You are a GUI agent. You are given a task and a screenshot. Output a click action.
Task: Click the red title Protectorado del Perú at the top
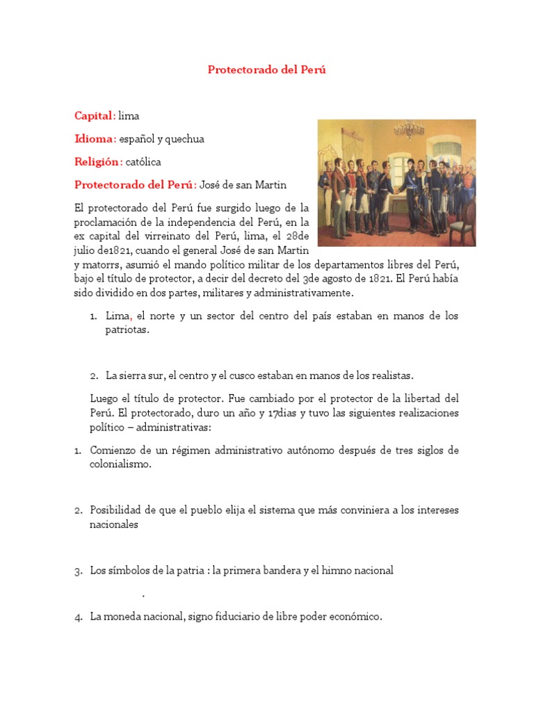click(267, 70)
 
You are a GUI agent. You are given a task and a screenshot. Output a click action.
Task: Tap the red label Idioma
click(93, 139)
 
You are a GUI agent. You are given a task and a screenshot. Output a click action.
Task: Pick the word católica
click(143, 163)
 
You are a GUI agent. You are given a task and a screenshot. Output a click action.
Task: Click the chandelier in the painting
click(408, 129)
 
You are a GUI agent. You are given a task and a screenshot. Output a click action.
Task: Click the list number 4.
click(78, 617)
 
